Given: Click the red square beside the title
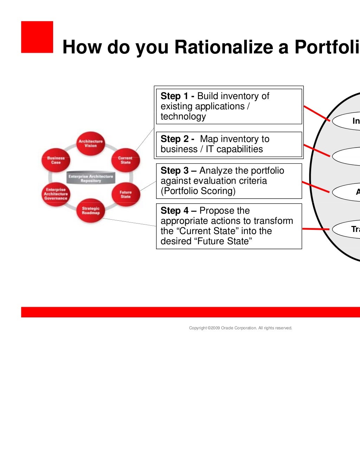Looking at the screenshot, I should click(37, 37).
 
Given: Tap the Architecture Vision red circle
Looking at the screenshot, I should click(90, 143).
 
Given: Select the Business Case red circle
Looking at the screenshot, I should click(56, 160).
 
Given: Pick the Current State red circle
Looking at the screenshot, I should click(125, 160).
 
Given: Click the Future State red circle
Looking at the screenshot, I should click(125, 194).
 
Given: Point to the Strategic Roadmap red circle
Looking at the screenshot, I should click(90, 211).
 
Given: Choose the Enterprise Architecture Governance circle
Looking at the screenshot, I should click(56, 194).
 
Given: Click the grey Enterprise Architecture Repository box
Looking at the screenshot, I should click(91, 179).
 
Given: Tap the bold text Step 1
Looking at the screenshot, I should click(175, 96).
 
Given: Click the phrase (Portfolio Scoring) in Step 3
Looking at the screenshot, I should click(198, 191).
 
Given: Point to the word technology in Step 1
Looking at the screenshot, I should click(183, 116).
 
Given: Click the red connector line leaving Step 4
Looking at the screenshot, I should click(315, 229).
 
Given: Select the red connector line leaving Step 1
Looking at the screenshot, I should click(316, 113).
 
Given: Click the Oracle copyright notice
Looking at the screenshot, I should click(240, 328).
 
